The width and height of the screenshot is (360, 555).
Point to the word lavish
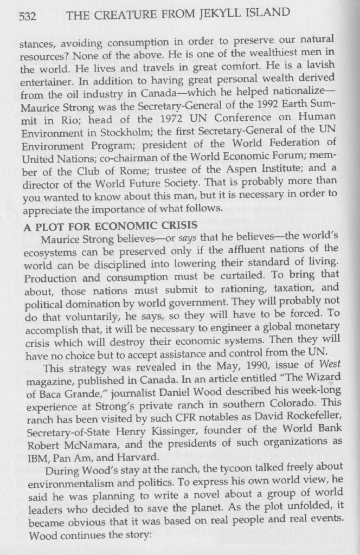tap(319, 66)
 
